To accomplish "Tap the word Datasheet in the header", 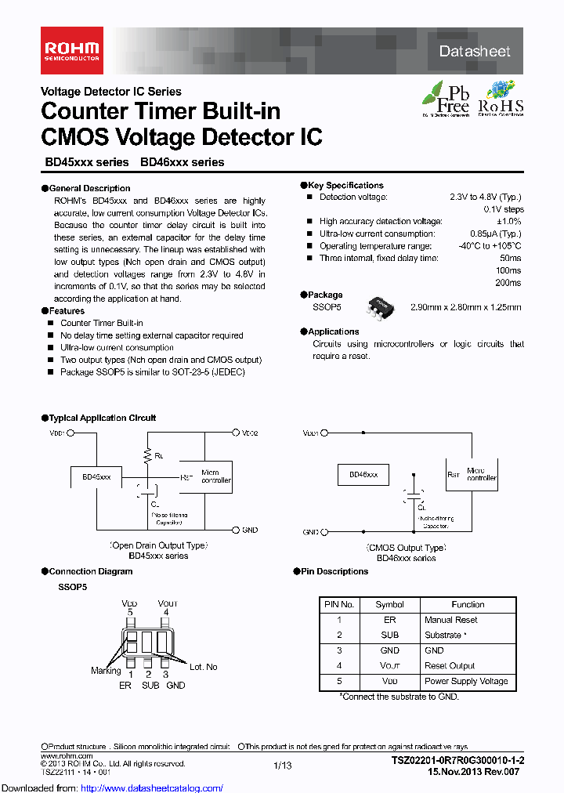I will (x=475, y=52).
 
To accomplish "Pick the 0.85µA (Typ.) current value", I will (x=495, y=234).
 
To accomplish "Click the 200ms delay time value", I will (x=508, y=282).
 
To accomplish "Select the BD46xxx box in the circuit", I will (x=363, y=475).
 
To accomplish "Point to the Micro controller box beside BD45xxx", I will (x=215, y=477).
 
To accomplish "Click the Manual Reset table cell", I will (x=450, y=620).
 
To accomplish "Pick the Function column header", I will (x=468, y=604).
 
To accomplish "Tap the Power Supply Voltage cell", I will (x=466, y=681).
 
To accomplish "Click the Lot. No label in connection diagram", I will (x=204, y=667).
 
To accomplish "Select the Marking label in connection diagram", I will (x=105, y=671).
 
